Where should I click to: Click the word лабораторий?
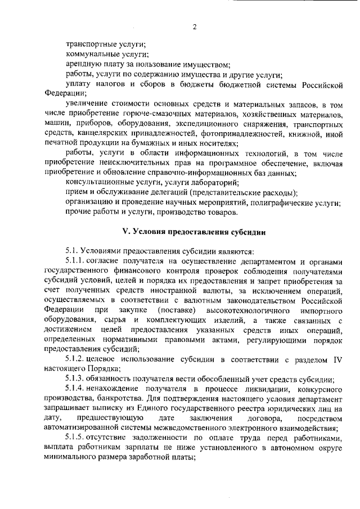pyautogui.click(x=211, y=183)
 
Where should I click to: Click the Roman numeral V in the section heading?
pyautogui.click(x=126, y=232)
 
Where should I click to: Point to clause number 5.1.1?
pyautogui.click(x=76, y=260)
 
